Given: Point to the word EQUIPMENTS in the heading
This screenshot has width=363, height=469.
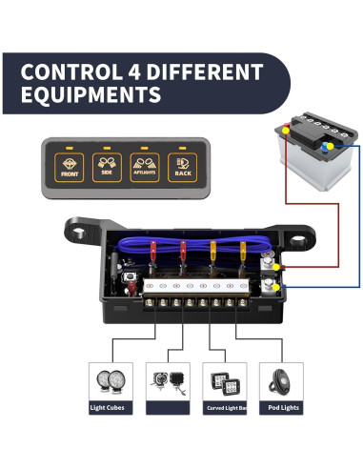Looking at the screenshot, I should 90,95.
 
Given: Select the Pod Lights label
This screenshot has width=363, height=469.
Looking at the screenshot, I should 282,408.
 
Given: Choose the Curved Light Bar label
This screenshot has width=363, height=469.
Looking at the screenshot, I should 225,408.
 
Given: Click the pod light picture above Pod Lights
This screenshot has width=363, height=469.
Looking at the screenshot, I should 283,380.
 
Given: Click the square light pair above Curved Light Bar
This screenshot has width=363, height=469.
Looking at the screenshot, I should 225,381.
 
